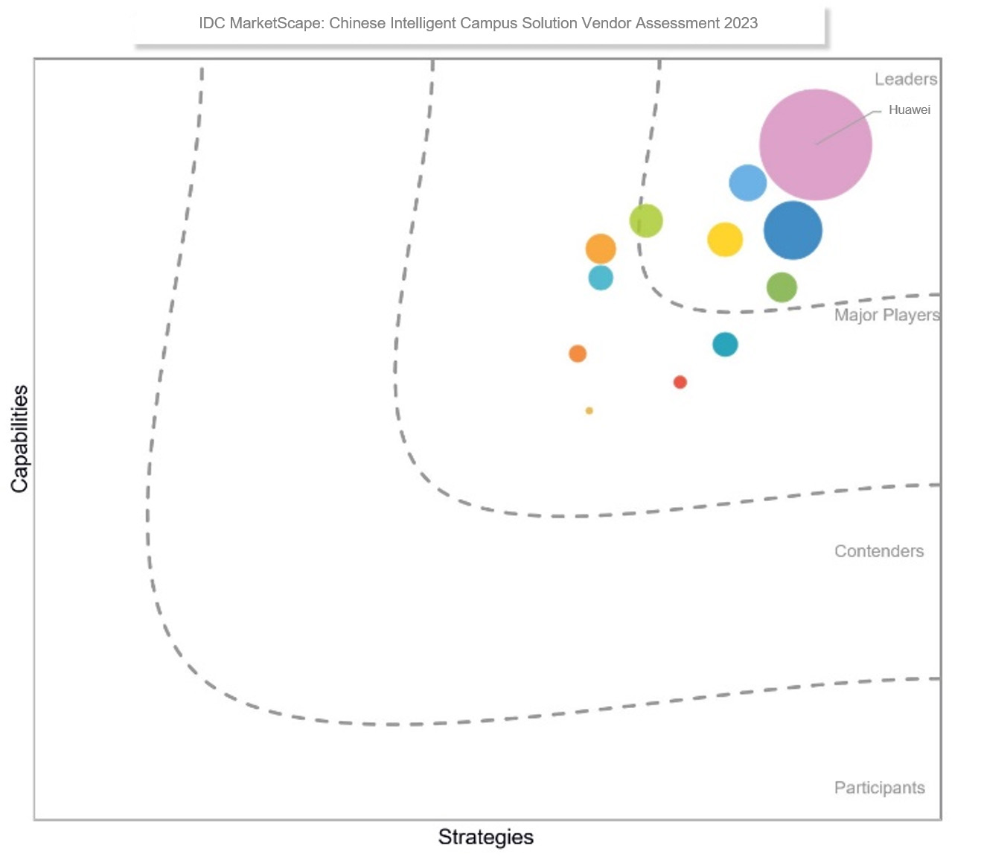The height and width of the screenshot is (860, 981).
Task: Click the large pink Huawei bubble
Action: (x=815, y=144)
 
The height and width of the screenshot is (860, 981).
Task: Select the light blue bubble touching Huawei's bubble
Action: (x=747, y=182)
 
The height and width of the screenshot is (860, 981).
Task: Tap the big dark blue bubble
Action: (x=793, y=231)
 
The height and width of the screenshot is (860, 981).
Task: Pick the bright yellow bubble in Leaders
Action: (x=725, y=240)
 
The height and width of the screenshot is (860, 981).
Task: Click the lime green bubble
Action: (x=646, y=220)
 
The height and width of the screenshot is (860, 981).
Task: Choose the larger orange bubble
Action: (x=601, y=249)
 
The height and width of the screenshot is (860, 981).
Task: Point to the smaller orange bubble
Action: (x=578, y=354)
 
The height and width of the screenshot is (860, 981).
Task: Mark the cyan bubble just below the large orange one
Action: (x=601, y=278)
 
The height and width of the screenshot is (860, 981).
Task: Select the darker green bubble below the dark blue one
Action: (x=782, y=287)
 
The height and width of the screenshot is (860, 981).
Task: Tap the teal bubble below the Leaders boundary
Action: (x=725, y=344)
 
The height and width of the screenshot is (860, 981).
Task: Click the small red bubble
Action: (x=680, y=382)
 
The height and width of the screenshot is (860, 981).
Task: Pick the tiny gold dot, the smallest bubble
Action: (x=589, y=411)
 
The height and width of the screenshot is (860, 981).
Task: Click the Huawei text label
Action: (x=909, y=110)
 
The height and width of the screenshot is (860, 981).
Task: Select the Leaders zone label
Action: (x=905, y=79)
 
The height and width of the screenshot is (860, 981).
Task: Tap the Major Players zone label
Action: (x=886, y=315)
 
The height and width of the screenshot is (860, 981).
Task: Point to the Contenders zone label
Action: (x=878, y=551)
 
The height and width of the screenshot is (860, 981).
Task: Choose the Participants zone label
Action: (x=879, y=788)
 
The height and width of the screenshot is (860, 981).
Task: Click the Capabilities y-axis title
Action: (x=19, y=439)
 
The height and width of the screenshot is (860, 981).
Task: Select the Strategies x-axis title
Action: (x=485, y=837)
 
